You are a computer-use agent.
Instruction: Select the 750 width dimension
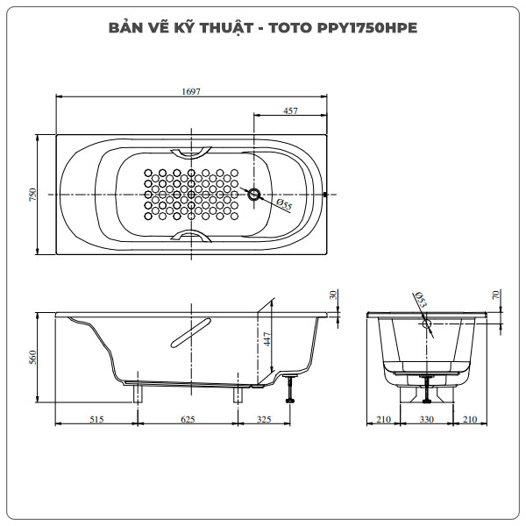click(32, 195)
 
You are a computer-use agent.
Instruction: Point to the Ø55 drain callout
click(283, 204)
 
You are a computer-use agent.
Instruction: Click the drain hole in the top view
click(254, 195)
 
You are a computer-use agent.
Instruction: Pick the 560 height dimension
click(32, 357)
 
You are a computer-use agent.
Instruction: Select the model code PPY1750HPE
click(365, 27)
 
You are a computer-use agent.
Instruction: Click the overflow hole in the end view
click(427, 323)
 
